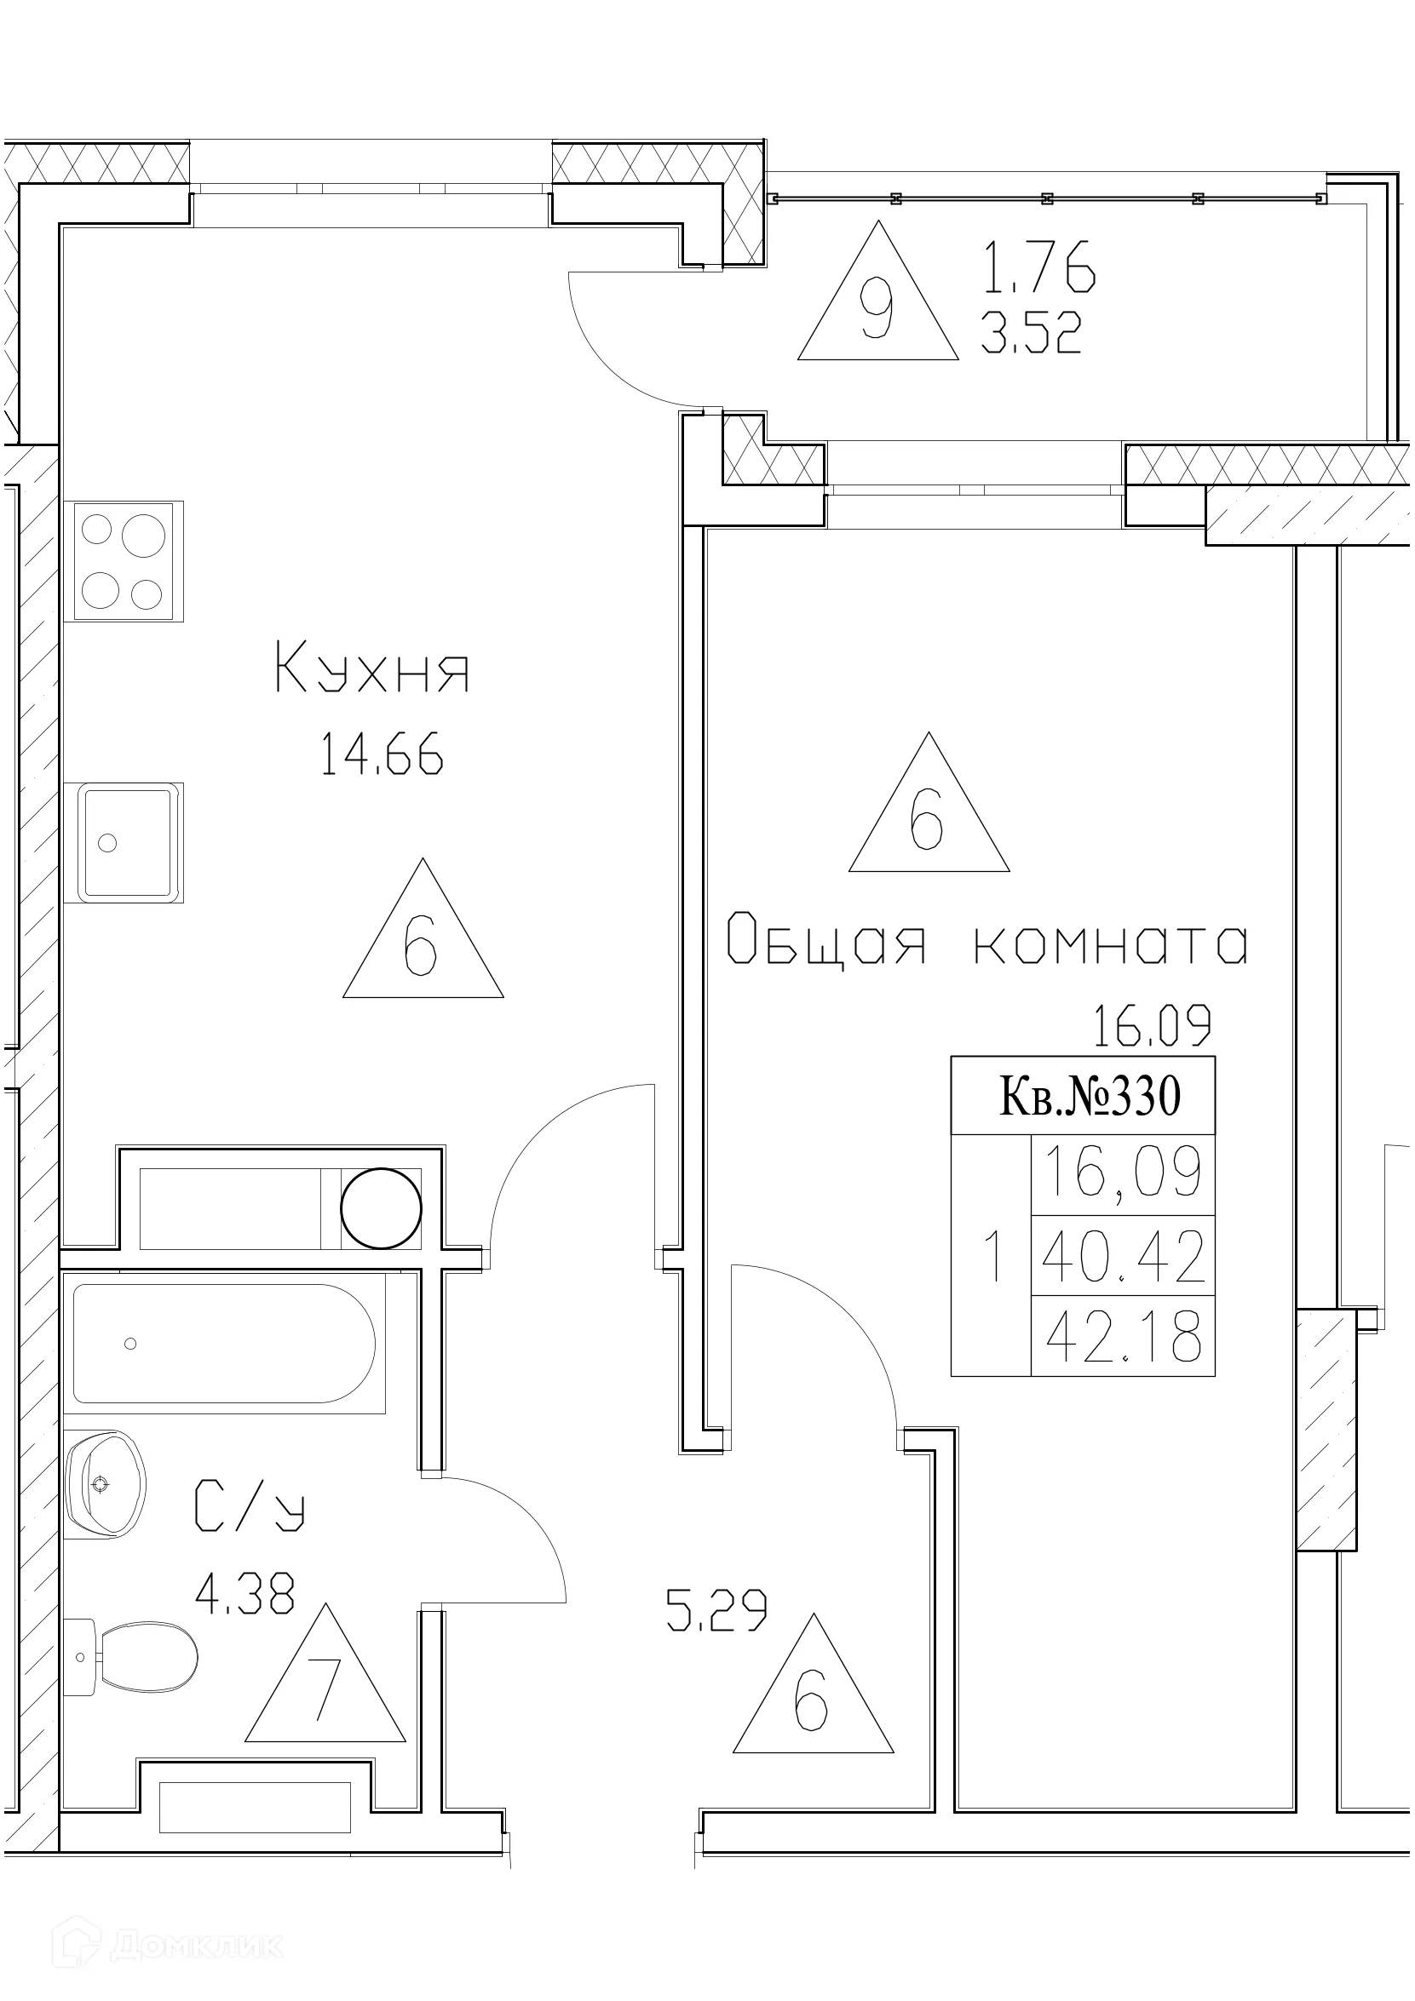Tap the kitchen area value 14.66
381,754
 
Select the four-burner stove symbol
123,561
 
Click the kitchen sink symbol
124,842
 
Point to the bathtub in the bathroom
224,1343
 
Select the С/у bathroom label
249,1505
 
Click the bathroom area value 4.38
245,1592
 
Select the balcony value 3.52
1031,334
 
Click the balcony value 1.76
1038,267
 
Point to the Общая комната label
987,943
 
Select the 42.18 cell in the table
1122,1338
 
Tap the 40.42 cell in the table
1122,1256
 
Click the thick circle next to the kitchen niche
380,1209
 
